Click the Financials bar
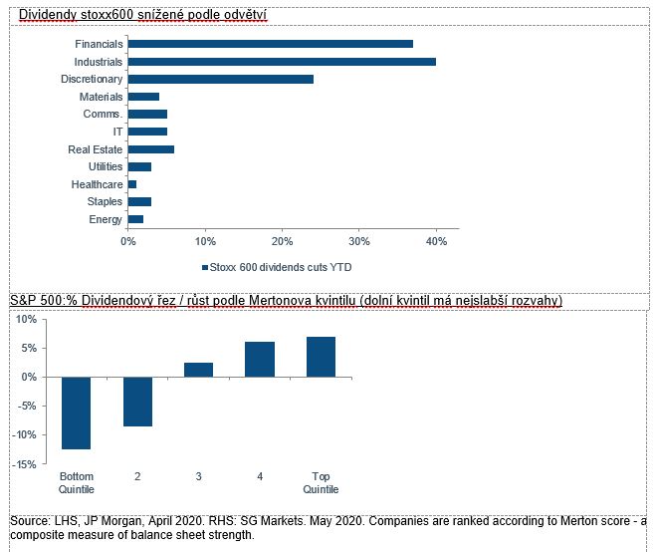point(270,44)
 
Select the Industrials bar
point(282,62)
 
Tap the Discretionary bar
point(220,79)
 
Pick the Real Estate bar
point(150,149)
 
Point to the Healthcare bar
point(131,184)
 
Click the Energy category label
point(106,219)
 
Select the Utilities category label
point(106,166)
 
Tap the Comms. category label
point(105,115)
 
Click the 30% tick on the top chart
point(359,240)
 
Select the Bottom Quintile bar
point(77,413)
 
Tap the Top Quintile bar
point(322,357)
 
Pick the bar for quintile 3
point(199,370)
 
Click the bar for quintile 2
point(137,402)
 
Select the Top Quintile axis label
point(322,483)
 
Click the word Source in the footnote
point(28,521)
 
